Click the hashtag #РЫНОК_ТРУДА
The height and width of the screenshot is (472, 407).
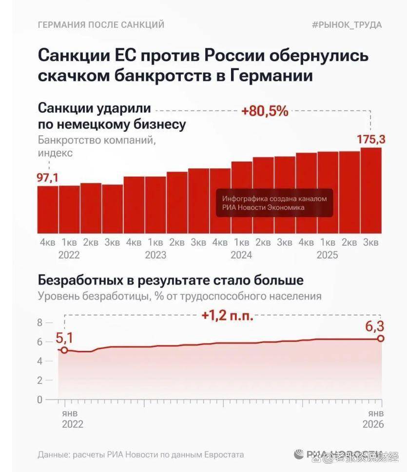pos(347,25)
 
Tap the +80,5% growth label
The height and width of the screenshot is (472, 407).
pos(265,111)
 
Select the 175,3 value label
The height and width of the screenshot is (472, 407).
pos(371,140)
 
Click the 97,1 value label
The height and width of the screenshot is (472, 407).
pos(48,178)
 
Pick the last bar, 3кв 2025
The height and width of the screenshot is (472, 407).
pos(371,190)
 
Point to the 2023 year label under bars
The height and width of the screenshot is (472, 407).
pos(155,255)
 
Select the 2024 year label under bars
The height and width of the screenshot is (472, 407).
pos(241,255)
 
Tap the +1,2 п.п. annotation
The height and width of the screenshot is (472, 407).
pos(228,316)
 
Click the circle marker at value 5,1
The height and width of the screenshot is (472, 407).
pos(64,350)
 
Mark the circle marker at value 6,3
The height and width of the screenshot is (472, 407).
pos(381,339)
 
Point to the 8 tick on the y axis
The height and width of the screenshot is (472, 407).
pos(40,323)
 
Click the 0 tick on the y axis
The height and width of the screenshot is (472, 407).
pos(40,399)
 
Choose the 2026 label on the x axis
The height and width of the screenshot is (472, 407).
pos(373,424)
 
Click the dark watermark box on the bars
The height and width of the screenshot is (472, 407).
pos(274,203)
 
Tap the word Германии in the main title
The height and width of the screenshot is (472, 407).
pos(271,76)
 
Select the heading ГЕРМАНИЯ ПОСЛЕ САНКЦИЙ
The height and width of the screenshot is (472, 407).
pos(101,25)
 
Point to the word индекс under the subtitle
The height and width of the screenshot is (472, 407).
pos(55,153)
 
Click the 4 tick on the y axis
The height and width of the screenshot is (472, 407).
pos(40,361)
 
